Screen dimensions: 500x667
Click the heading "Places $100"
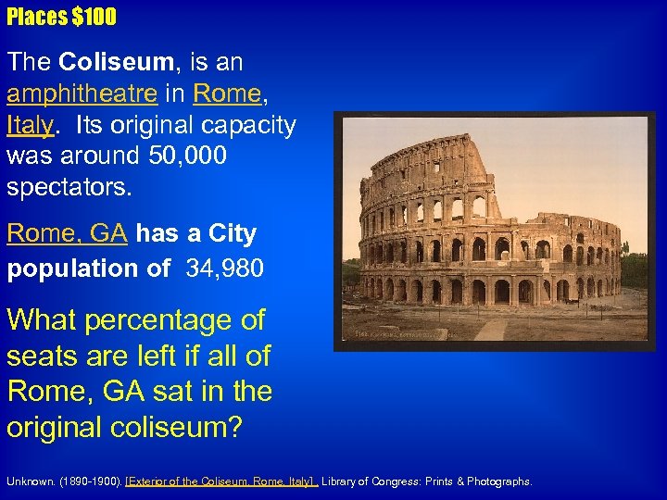click(x=61, y=17)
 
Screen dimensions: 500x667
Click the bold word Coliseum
click(x=115, y=62)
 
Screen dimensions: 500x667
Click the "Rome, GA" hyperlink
click(x=67, y=232)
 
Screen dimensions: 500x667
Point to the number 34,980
click(x=225, y=269)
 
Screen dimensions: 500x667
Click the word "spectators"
click(x=69, y=187)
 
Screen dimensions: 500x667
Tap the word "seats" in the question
click(x=44, y=356)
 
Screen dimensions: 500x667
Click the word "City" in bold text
click(x=233, y=232)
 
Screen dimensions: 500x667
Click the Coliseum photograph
click(x=495, y=231)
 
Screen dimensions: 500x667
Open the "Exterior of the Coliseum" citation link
click(x=222, y=481)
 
